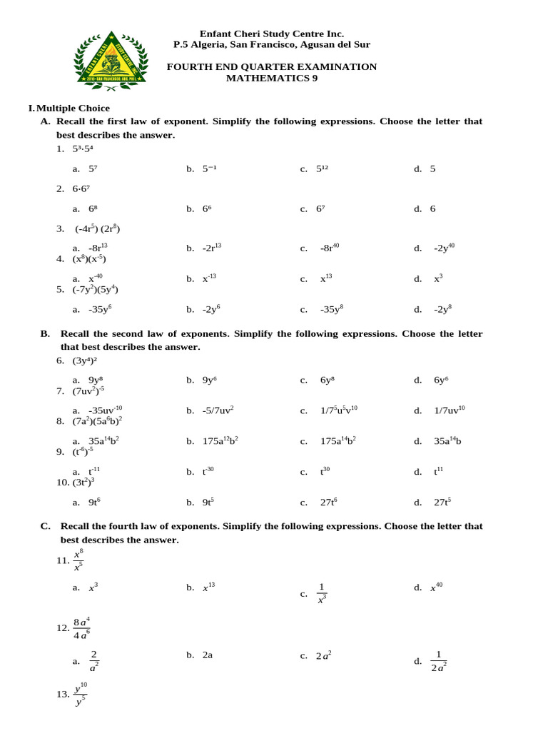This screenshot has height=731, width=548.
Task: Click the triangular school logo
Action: (111, 59)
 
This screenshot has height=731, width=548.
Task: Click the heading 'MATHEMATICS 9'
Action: (272, 79)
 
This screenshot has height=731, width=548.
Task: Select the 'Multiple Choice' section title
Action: (73, 109)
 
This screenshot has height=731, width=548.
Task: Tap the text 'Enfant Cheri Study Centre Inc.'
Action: (272, 34)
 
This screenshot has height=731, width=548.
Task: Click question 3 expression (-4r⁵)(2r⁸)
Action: (98, 229)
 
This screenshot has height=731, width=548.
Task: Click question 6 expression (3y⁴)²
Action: (85, 361)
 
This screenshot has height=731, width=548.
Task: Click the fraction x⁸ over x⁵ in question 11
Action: (78, 560)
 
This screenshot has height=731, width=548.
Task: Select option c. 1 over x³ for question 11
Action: (322, 593)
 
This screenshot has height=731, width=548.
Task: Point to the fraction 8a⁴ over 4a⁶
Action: (81, 628)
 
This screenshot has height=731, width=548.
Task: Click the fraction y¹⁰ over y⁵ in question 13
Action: (80, 695)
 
